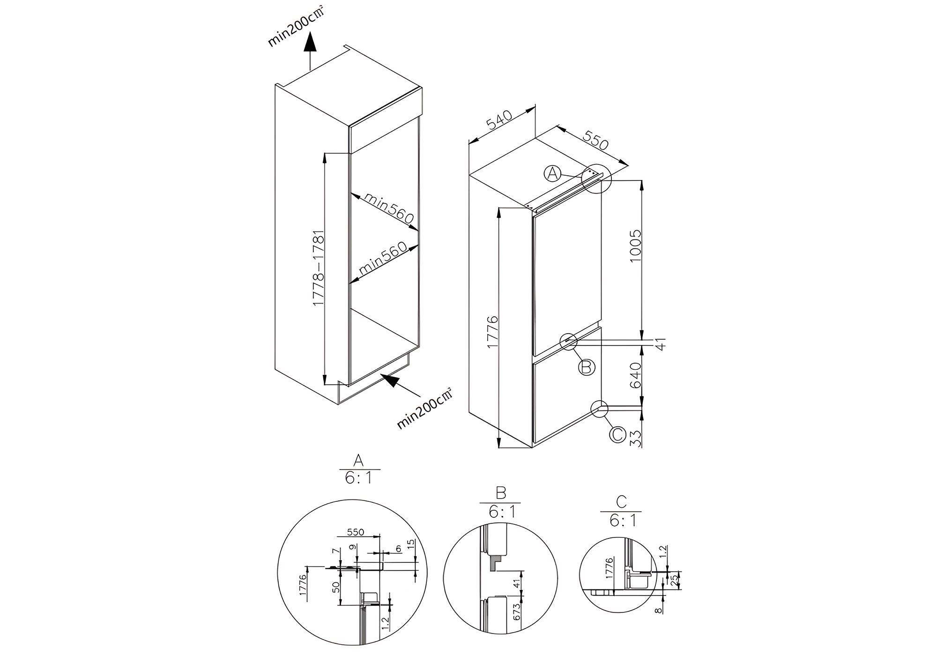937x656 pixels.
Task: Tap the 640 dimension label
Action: tap(635, 375)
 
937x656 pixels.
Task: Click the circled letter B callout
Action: tap(586, 366)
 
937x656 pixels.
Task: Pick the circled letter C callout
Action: tap(617, 434)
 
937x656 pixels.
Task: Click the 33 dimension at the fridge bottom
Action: tap(635, 438)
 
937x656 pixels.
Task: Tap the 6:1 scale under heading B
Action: tap(502, 512)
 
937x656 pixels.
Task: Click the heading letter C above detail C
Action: tap(621, 502)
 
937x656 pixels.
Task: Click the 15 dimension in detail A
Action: tap(411, 544)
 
